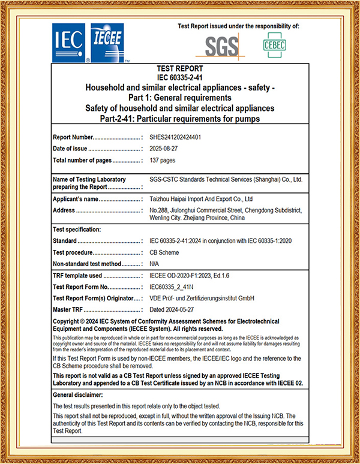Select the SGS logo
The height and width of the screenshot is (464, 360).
point(221,46)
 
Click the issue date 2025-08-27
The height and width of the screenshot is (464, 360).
point(166,149)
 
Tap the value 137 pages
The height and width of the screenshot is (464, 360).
point(163,160)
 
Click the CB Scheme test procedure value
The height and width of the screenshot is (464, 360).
point(164,252)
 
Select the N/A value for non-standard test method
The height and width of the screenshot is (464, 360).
point(155,264)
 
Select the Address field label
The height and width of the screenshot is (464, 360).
point(64,210)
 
